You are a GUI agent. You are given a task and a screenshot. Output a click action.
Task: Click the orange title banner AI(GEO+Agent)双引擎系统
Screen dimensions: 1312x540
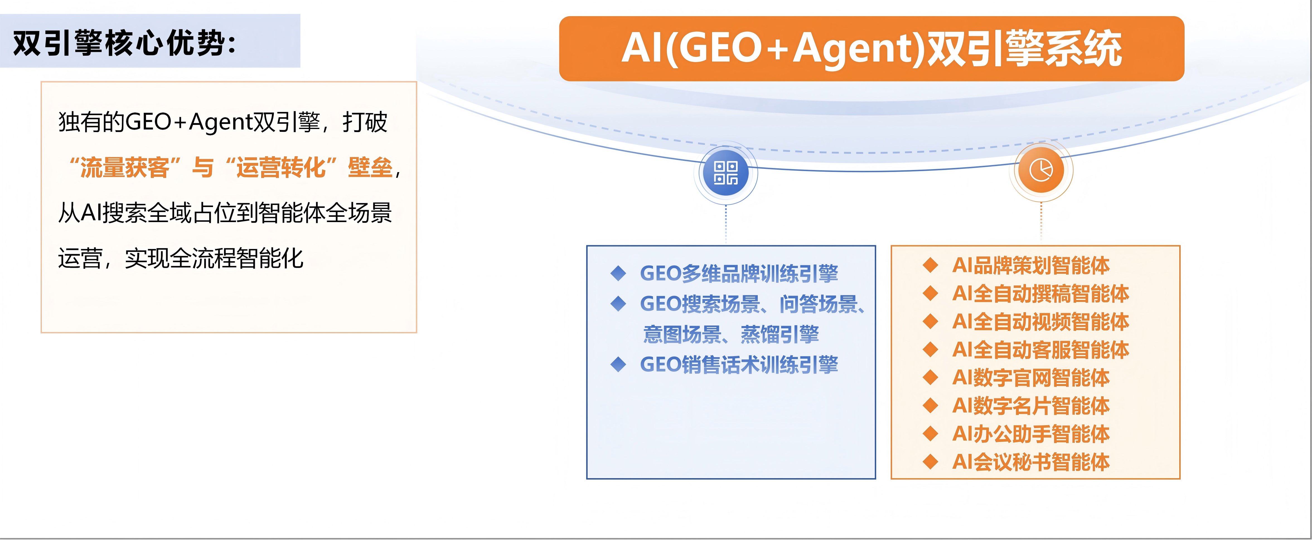point(872,48)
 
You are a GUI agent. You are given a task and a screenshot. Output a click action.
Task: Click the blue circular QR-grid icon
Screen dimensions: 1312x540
point(726,173)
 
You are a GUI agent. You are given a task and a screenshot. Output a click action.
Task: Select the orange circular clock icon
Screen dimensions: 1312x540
point(1041,170)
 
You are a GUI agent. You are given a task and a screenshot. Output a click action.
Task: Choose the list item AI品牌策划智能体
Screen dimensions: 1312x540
point(1031,265)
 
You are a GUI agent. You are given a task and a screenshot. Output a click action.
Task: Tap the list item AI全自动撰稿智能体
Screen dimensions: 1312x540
point(1040,294)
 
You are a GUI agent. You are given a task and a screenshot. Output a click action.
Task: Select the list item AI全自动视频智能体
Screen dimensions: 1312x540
point(1040,322)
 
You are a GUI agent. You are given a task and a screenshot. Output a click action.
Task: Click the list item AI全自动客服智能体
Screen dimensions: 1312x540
point(1040,350)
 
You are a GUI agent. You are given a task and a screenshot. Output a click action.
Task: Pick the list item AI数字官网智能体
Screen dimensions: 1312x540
point(1031,378)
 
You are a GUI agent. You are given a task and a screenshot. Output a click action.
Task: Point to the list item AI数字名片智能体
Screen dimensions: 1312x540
point(1031,406)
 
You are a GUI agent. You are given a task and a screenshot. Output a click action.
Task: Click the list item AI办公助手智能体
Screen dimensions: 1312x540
point(1031,434)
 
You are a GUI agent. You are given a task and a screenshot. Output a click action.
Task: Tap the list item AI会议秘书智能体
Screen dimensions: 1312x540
point(1031,462)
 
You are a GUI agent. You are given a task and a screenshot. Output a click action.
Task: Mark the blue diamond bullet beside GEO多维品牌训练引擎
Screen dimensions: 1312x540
point(618,273)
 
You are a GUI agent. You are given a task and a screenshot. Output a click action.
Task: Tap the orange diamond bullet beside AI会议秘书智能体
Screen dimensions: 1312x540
point(931,462)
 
